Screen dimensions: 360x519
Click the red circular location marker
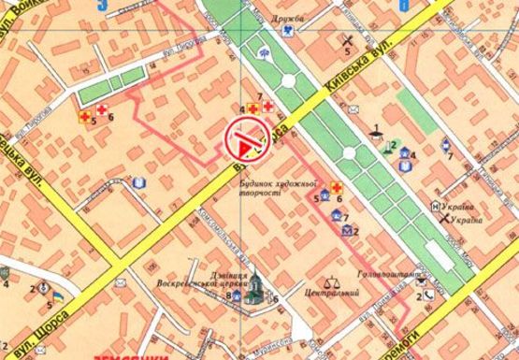[245, 141]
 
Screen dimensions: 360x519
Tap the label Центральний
[321, 293]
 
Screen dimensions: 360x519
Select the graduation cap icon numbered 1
[378, 138]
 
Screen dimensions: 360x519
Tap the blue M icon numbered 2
[346, 229]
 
